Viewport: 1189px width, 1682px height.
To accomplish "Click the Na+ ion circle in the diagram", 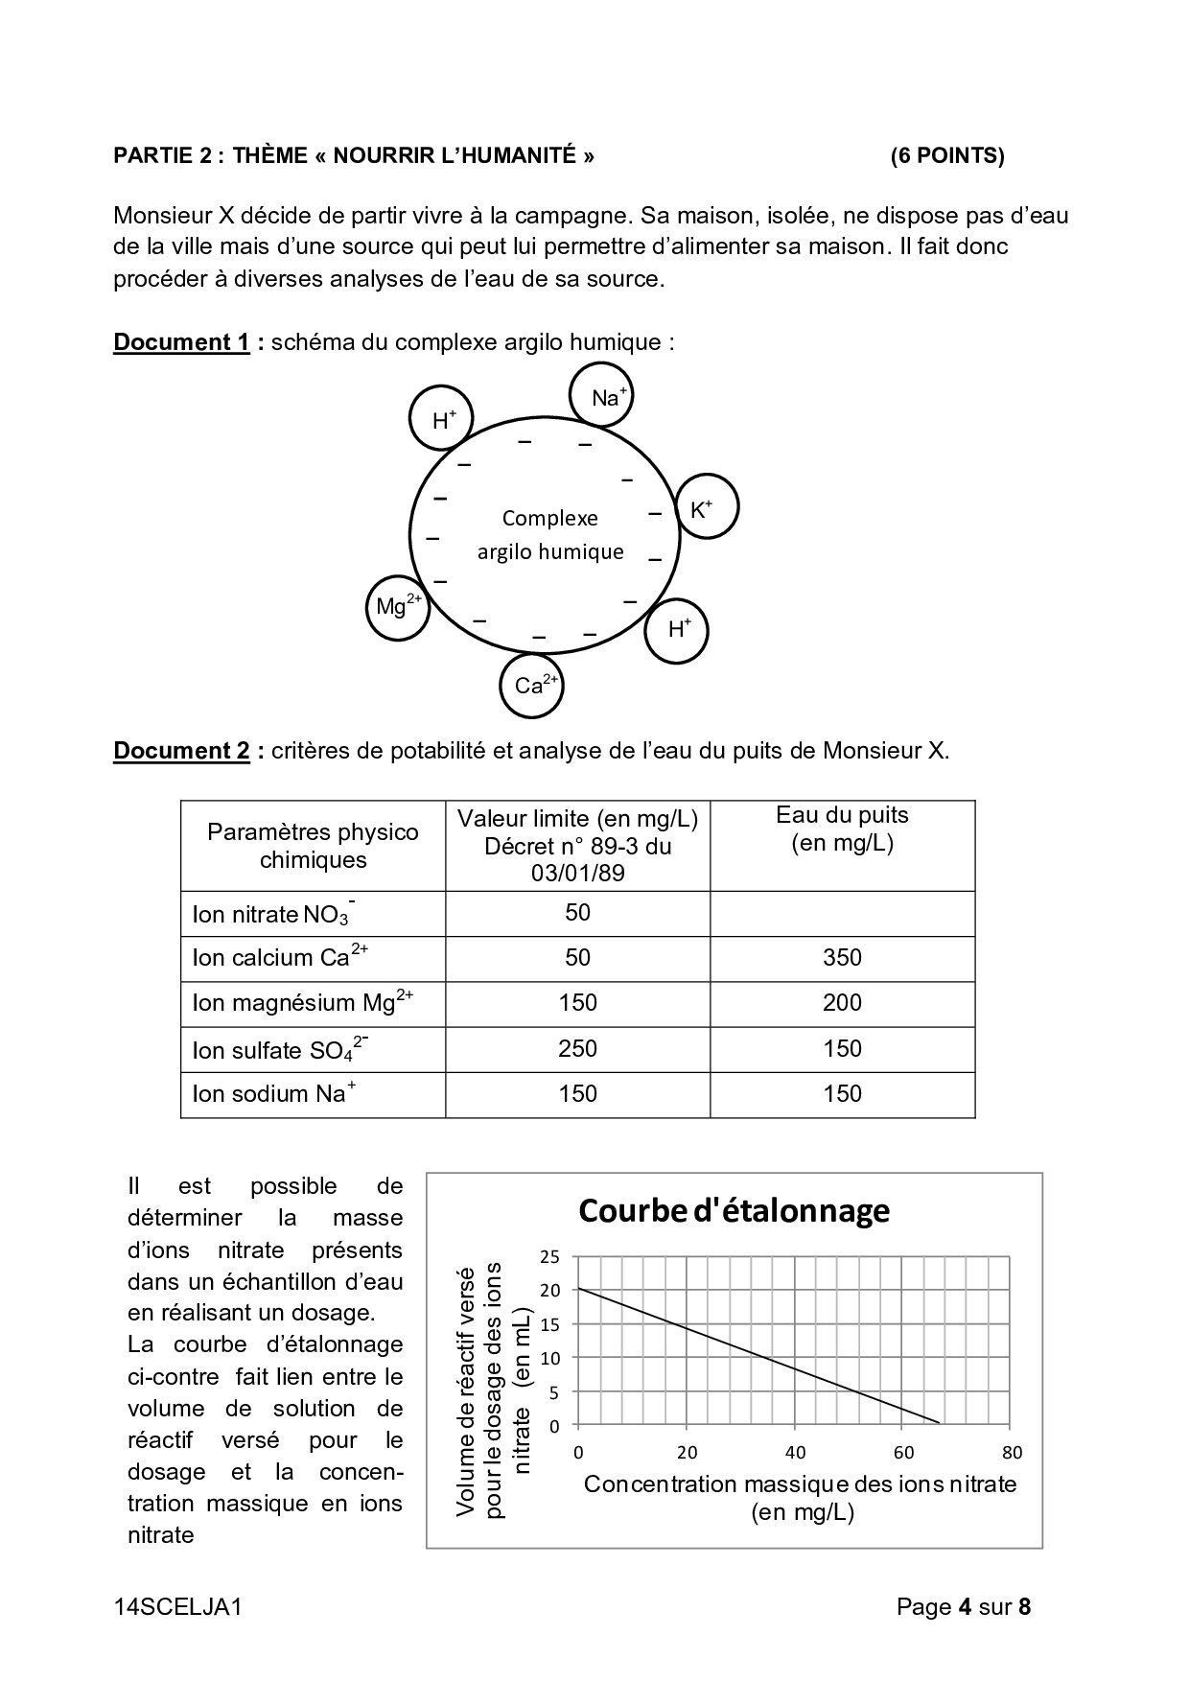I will (601, 394).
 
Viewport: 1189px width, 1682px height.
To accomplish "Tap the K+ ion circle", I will (707, 506).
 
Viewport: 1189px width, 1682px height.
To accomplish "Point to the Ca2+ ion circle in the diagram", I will (531, 685).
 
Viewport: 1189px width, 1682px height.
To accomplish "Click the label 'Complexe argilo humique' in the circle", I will (550, 535).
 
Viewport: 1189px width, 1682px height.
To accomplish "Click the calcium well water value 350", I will (842, 958).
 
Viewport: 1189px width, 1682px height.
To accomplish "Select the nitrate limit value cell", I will (577, 913).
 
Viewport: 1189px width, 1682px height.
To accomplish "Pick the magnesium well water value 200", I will (842, 1003).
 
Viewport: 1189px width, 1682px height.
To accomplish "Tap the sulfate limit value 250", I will (577, 1048).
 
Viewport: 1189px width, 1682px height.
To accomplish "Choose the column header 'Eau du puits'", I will (842, 829).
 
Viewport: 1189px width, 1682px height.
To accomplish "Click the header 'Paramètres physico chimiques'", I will (313, 846).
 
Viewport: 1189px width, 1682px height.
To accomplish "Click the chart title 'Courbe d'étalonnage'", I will (734, 1211).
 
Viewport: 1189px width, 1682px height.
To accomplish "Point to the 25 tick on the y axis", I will (550, 1256).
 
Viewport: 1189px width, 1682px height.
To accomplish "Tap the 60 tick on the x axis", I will (903, 1453).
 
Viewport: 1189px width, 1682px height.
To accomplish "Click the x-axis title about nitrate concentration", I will (800, 1498).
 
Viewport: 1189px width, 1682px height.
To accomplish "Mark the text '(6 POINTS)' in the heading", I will (947, 156).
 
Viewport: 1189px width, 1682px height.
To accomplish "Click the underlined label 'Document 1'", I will (181, 342).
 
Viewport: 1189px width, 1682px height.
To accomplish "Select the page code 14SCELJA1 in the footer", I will (177, 1607).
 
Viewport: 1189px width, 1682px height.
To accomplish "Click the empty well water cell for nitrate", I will (842, 913).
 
